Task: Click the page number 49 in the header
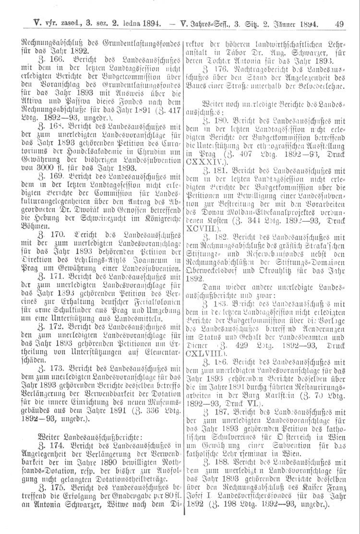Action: (x=339, y=22)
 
